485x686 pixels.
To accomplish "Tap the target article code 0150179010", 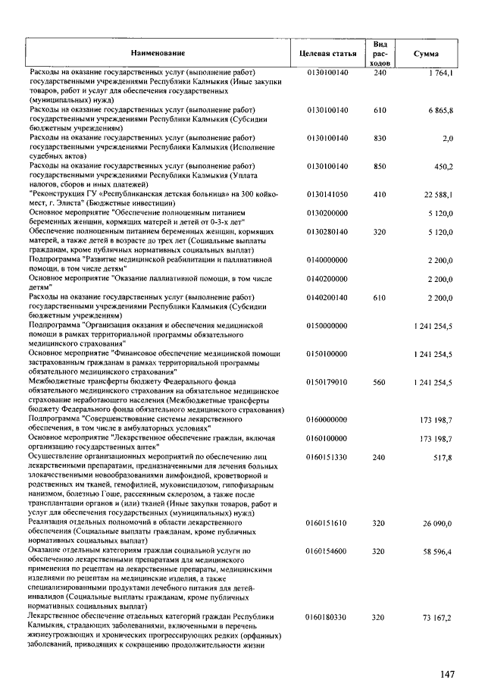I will pos(327,382).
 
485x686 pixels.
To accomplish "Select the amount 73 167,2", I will pos(438,619).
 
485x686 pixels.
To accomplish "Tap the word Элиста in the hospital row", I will pos(67,204).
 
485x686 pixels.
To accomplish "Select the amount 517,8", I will pos(443,457).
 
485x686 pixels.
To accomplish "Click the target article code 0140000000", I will pos(327,260).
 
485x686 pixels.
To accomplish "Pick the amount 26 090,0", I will pos(438,524).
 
